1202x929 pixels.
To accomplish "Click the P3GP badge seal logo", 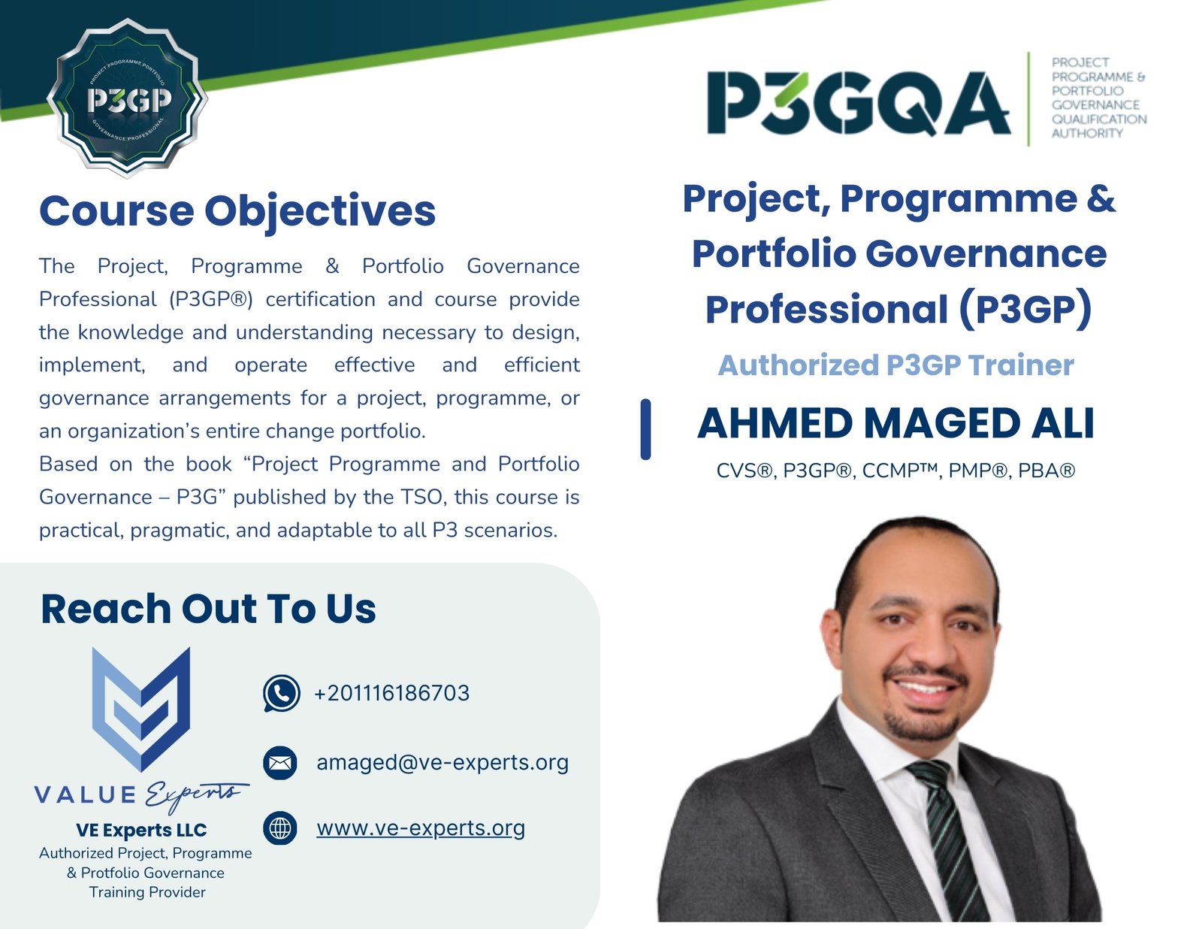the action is [127, 98].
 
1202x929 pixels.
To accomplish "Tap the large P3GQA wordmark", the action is [859, 104].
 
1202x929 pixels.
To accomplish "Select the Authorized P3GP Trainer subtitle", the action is [895, 365].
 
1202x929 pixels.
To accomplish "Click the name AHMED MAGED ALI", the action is [895, 423].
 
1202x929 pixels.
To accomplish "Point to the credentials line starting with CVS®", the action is [895, 471].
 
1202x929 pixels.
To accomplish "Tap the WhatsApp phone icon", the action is [282, 693].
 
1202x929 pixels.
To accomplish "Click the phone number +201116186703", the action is [391, 693].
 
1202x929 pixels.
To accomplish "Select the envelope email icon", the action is [280, 763].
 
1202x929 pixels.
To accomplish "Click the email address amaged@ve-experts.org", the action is [442, 763].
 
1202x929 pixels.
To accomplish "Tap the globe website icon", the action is [280, 828].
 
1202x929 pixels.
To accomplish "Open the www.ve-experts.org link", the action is [421, 828].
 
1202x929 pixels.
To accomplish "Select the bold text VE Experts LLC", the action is [141, 831].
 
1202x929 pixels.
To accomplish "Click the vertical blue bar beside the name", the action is [645, 429].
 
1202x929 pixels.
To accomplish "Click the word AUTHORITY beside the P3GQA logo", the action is [1087, 133].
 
